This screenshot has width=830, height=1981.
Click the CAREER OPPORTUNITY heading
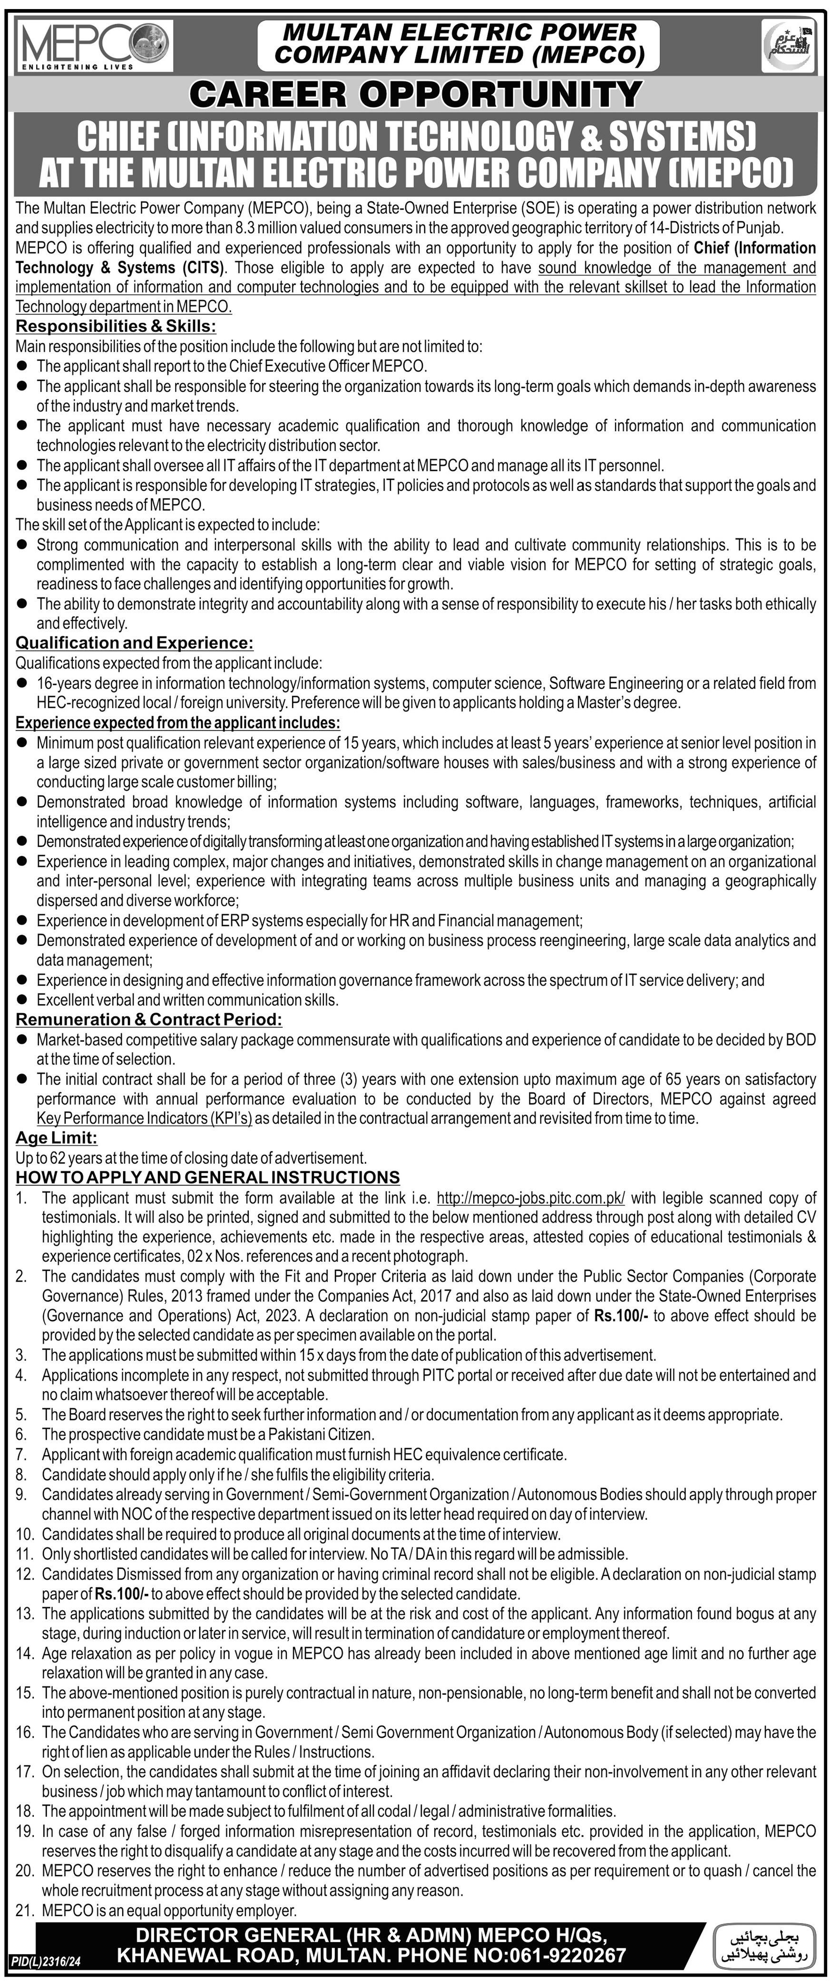point(415,95)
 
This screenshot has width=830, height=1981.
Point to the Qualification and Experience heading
point(135,642)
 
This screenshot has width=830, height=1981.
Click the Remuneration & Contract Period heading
point(149,1020)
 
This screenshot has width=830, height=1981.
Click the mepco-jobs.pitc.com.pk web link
point(530,1197)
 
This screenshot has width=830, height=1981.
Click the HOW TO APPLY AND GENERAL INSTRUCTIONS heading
point(207,1177)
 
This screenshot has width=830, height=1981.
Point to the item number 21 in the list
point(25,1910)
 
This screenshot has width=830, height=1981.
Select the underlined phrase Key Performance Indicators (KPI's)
point(145,1119)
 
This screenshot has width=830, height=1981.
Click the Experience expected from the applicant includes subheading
point(177,723)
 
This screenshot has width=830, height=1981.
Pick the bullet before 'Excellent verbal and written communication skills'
point(22,1000)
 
